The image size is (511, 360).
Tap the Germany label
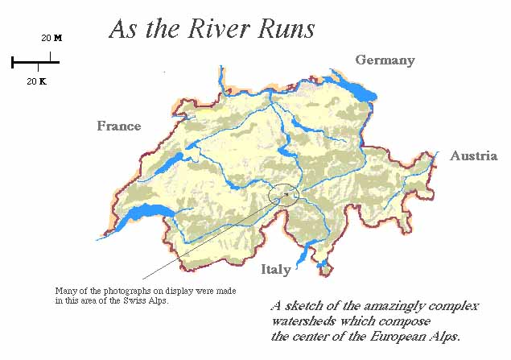coord(385,60)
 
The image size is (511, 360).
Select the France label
coord(119,126)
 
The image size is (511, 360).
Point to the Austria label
coord(473,155)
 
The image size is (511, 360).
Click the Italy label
coord(275,270)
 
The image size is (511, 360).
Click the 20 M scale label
coord(52,38)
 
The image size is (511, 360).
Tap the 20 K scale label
coord(37,81)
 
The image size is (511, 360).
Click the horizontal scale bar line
coord(35,61)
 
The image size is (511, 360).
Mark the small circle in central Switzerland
coord(283,194)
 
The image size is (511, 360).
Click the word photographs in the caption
coord(117,291)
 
